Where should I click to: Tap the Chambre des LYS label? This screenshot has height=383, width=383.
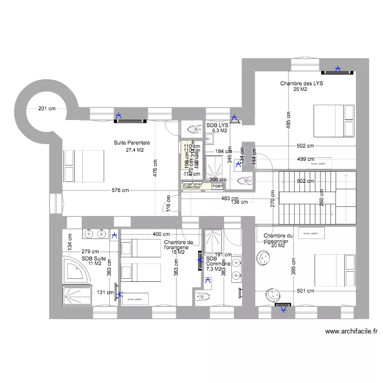point(301,83)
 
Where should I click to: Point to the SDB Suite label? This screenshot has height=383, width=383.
point(95,258)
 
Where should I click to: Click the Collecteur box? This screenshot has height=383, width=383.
point(192,187)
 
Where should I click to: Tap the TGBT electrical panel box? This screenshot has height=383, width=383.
point(218,187)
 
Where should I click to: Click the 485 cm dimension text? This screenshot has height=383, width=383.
point(288,121)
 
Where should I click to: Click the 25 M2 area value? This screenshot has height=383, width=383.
point(300,90)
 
